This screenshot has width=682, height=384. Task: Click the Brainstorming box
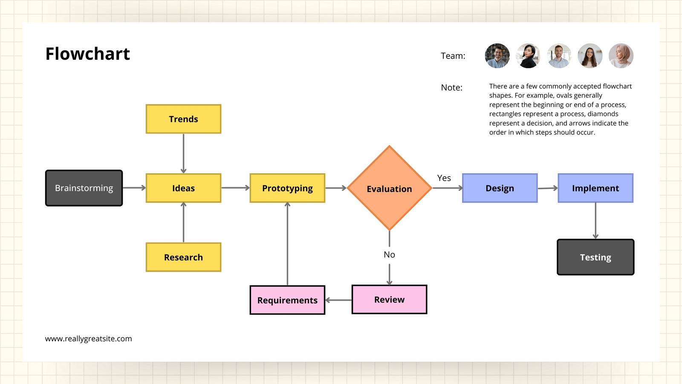pyautogui.click(x=84, y=188)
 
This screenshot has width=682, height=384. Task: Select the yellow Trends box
pyautogui.click(x=184, y=119)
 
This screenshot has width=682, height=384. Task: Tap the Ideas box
pyautogui.click(x=184, y=188)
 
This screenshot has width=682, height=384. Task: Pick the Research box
pyautogui.click(x=184, y=257)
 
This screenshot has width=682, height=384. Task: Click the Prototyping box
pyautogui.click(x=287, y=188)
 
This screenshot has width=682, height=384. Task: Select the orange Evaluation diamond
pyautogui.click(x=390, y=188)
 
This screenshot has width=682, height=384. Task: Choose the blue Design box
pyautogui.click(x=500, y=188)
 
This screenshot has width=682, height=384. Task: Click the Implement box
pyautogui.click(x=595, y=188)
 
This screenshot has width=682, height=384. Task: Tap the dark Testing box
pyautogui.click(x=595, y=257)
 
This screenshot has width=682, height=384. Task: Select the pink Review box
pyautogui.click(x=390, y=300)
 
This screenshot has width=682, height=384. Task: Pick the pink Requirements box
pyautogui.click(x=287, y=300)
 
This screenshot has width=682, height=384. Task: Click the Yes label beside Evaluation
pyautogui.click(x=444, y=178)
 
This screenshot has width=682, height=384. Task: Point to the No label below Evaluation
pyautogui.click(x=390, y=254)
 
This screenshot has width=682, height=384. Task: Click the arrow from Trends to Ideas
pyautogui.click(x=184, y=154)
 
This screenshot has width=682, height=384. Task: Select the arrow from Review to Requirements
pyautogui.click(x=338, y=300)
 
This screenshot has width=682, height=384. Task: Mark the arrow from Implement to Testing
pyautogui.click(x=595, y=221)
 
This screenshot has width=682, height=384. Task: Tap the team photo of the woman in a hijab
pyautogui.click(x=621, y=56)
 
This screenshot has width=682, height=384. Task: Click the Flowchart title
pyautogui.click(x=88, y=54)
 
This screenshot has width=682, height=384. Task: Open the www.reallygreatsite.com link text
pyautogui.click(x=89, y=339)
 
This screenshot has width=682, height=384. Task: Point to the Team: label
pyautogui.click(x=453, y=56)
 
